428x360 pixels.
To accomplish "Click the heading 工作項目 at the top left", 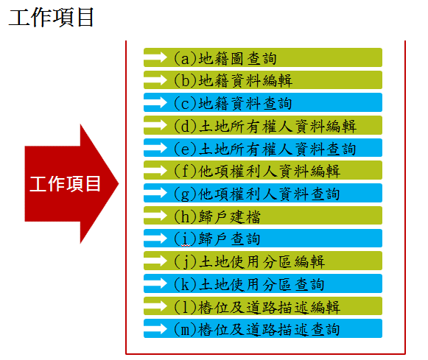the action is pyautogui.click(x=52, y=18).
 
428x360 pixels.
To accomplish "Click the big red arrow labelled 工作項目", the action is pyautogui.click(x=71, y=183).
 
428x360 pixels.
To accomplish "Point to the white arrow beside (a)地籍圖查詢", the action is pyautogui.click(x=155, y=57).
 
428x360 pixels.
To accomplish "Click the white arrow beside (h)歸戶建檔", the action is pyautogui.click(x=155, y=216).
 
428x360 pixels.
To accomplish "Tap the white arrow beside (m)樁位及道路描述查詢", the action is pyautogui.click(x=155, y=328).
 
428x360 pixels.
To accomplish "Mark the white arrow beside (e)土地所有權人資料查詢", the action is pyautogui.click(x=155, y=148).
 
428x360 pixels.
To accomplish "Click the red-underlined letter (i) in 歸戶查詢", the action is pyautogui.click(x=186, y=239).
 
